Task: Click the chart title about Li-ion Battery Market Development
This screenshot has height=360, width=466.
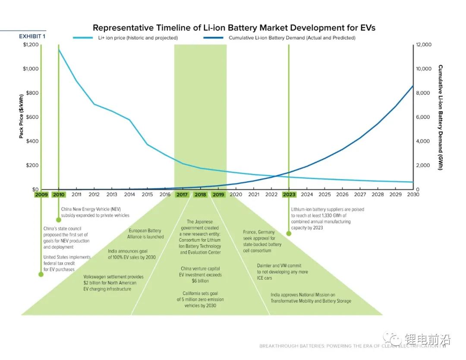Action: tap(234, 28)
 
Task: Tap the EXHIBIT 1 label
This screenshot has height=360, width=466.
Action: tap(32, 37)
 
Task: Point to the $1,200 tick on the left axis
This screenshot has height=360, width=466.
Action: tap(31, 45)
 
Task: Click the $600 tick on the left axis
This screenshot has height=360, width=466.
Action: tap(31, 117)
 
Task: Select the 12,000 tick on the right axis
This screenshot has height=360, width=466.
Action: tap(423, 45)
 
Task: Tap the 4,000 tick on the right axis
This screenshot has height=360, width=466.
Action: tap(423, 141)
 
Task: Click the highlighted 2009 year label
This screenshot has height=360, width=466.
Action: tap(41, 195)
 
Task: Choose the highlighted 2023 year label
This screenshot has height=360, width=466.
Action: tap(289, 195)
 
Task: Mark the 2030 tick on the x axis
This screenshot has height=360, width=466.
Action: tap(413, 195)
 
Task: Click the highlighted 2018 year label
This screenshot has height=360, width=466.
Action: tap(200, 195)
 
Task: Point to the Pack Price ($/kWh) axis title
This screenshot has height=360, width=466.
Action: tap(21, 117)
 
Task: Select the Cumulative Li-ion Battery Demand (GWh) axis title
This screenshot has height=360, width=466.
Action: tap(440, 117)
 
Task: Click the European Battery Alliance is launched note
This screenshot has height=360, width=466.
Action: tap(145, 234)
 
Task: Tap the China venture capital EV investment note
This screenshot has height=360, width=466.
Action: tap(200, 275)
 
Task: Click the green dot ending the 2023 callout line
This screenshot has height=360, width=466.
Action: tap(289, 234)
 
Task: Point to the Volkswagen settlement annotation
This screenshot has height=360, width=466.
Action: tap(113, 283)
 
